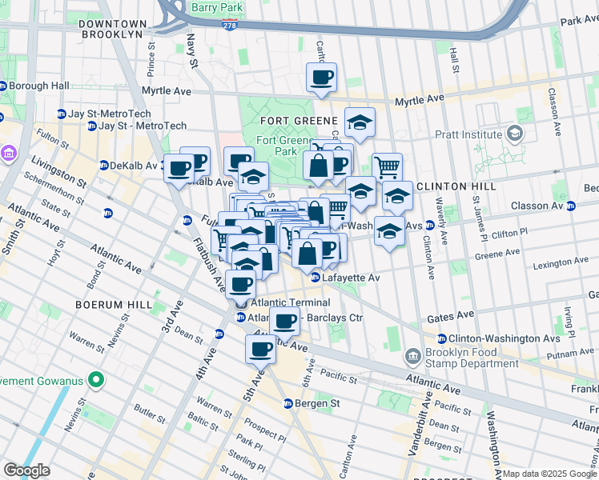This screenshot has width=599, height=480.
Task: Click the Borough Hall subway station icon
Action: [4, 86]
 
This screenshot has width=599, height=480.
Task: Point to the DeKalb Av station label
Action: [131, 166]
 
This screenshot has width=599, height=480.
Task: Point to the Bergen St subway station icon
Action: [288, 403]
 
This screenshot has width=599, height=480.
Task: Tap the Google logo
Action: [26, 470]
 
